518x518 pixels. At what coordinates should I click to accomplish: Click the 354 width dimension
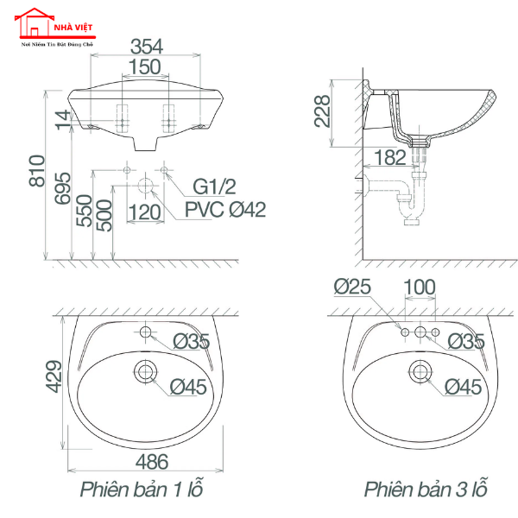pyautogui.click(x=147, y=47)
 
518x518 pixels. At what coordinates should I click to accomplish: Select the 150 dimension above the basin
pyautogui.click(x=145, y=66)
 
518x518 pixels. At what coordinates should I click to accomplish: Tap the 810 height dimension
pyautogui.click(x=37, y=171)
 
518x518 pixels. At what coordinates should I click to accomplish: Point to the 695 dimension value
pyautogui.click(x=63, y=188)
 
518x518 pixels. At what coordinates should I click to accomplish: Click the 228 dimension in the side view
pyautogui.click(x=322, y=111)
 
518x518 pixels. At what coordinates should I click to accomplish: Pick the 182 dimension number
pyautogui.click(x=390, y=157)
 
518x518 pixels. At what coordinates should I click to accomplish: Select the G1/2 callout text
pyautogui.click(x=214, y=186)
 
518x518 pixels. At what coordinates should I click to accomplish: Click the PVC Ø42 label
pyautogui.click(x=225, y=210)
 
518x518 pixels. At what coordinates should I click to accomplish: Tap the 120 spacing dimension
pyautogui.click(x=145, y=212)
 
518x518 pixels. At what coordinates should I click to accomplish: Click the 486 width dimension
pyautogui.click(x=152, y=462)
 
